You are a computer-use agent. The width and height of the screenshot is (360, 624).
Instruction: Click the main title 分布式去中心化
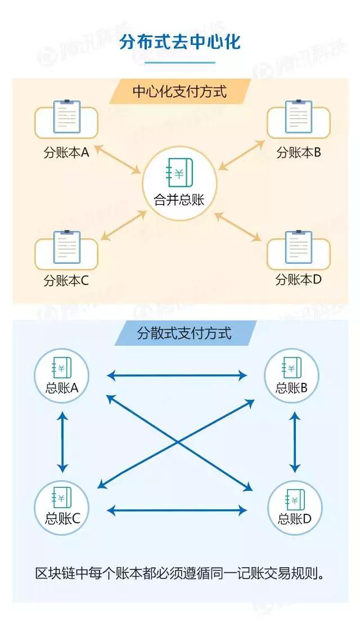tap(180, 42)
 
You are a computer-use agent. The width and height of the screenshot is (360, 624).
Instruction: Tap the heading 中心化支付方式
tap(179, 92)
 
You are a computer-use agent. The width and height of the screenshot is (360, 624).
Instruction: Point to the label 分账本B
tap(299, 152)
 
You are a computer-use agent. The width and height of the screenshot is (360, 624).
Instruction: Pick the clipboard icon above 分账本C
tap(66, 247)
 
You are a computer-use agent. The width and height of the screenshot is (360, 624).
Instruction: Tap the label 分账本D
tap(298, 280)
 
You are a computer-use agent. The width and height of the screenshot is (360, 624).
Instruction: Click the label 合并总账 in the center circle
tap(179, 200)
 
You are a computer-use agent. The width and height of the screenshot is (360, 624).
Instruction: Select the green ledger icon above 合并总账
tap(179, 173)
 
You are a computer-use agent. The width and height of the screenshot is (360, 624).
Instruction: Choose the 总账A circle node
tap(62, 376)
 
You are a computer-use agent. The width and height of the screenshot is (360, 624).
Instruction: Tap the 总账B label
tap(291, 388)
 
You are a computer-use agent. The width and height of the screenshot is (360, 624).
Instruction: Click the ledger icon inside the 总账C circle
tap(61, 498)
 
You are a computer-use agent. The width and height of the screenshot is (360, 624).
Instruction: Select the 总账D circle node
tap(295, 508)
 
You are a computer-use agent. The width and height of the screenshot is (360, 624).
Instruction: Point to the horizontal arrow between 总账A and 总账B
tap(177, 376)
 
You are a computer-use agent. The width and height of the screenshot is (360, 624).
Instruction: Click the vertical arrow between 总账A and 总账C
tap(62, 442)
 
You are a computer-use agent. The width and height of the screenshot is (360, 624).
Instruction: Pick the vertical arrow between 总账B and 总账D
tap(295, 442)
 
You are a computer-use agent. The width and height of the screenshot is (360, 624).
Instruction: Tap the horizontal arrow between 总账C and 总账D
tap(177, 510)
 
